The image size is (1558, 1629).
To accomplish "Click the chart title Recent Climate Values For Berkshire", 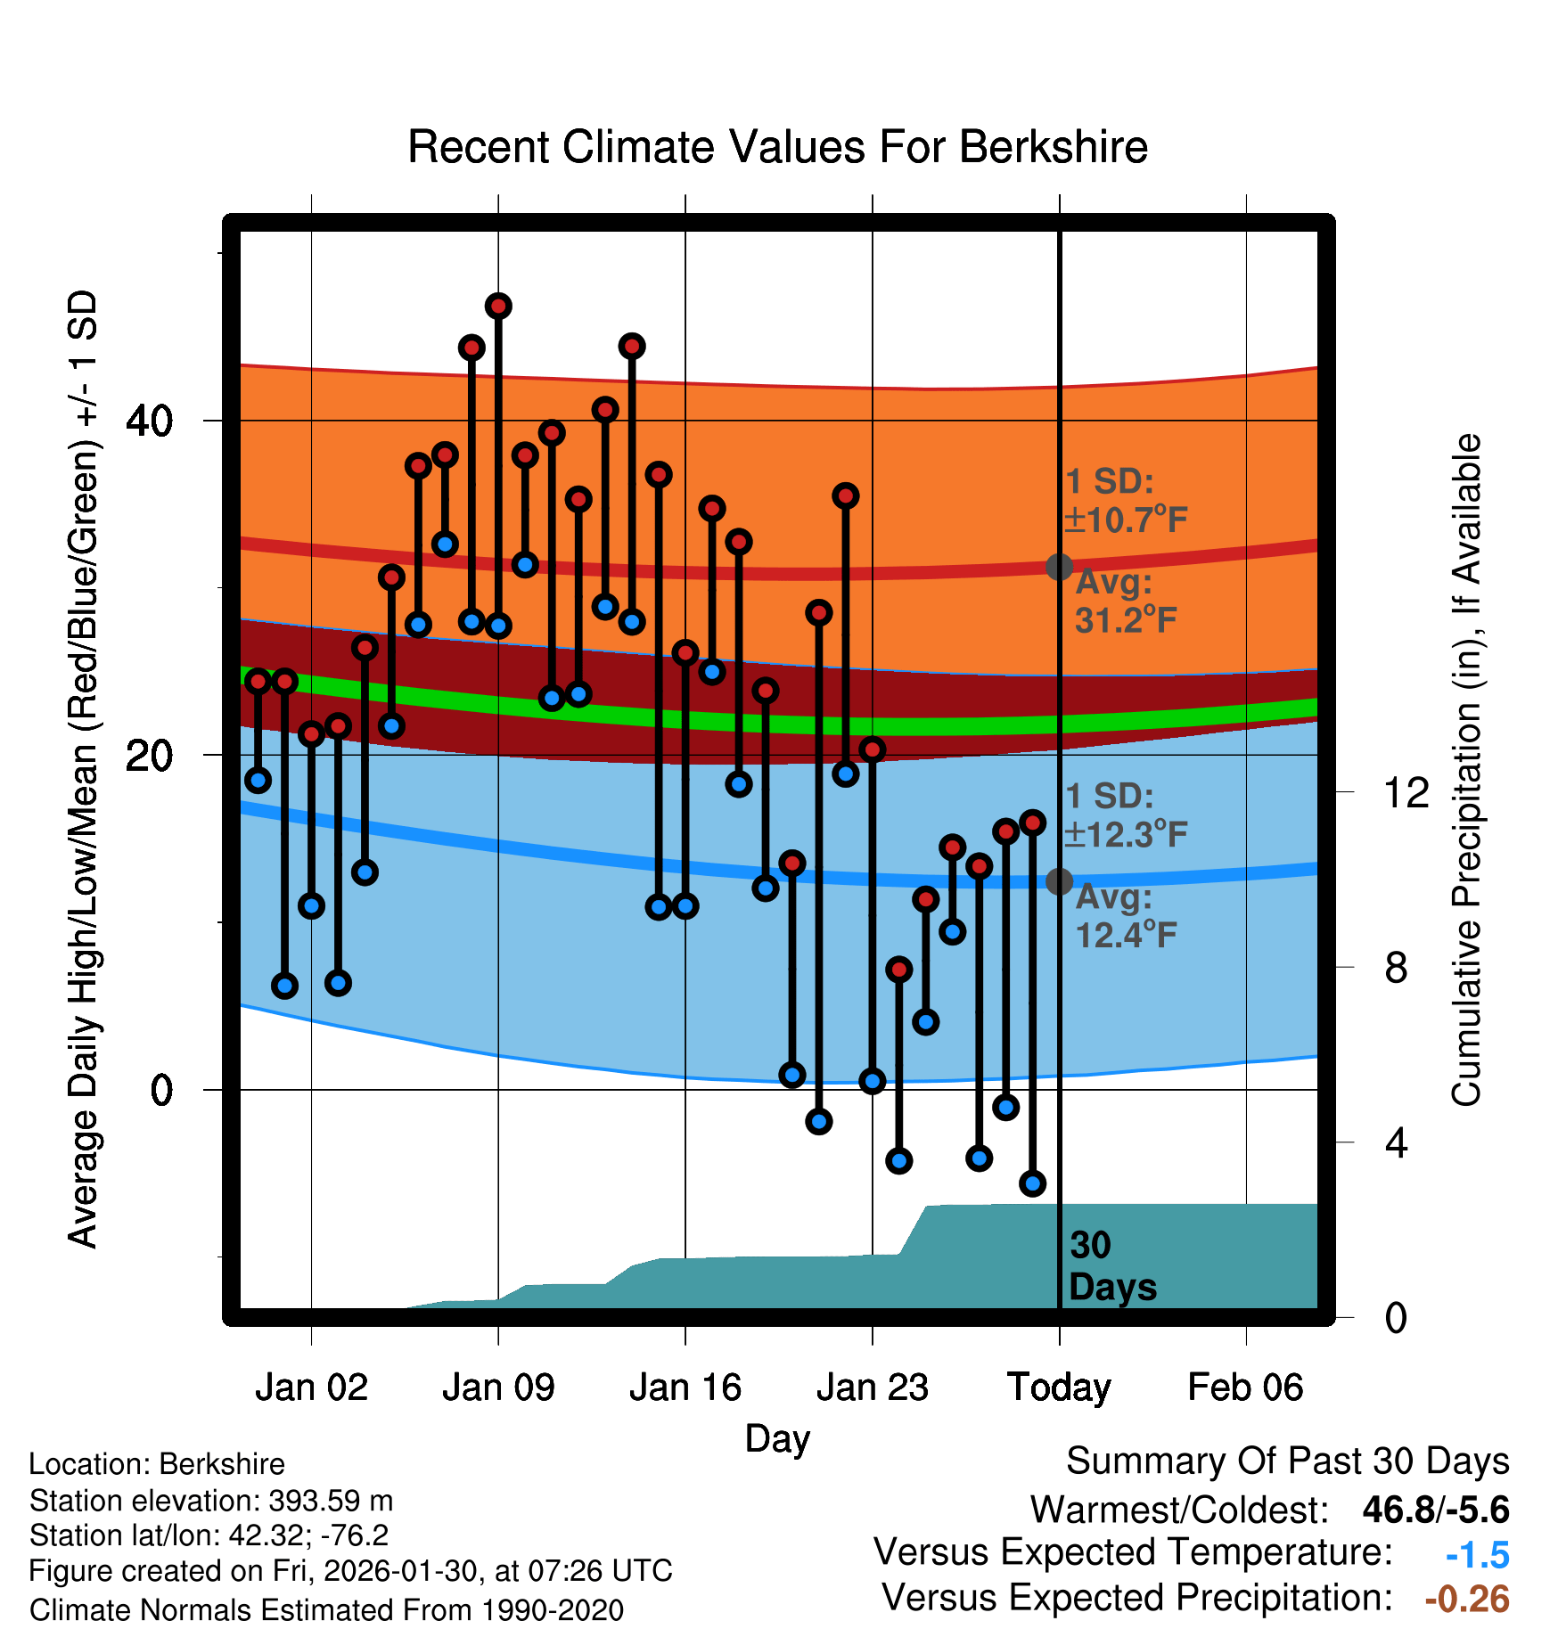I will [777, 147].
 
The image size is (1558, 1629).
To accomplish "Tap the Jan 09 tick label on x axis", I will [498, 1388].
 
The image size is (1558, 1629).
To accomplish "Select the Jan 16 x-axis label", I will [685, 1388].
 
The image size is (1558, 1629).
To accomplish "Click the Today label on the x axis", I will [1059, 1388].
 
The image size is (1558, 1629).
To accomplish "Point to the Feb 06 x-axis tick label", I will [1245, 1388].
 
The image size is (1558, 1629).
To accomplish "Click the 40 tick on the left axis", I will [150, 421].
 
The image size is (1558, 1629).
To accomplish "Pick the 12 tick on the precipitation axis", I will [1406, 792].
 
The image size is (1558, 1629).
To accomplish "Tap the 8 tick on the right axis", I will [1396, 967].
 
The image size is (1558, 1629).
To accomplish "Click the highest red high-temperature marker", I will [498, 307].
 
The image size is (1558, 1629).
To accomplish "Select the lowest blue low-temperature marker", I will [1032, 1183].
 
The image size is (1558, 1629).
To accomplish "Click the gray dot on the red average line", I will [1059, 567].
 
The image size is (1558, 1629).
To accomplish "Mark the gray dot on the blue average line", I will [1059, 881].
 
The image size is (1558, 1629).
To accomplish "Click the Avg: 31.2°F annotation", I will [1125, 602].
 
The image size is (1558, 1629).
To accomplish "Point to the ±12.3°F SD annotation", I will [1125, 834].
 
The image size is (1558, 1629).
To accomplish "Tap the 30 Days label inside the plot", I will [1111, 1266].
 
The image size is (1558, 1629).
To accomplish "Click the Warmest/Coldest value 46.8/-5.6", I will [1435, 1510].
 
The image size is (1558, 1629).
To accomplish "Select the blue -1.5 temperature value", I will [1477, 1555].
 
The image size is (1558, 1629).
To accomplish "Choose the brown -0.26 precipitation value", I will [1466, 1600].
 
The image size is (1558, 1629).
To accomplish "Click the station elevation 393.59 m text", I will [211, 1501].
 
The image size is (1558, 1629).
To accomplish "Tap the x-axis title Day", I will [777, 1438].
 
